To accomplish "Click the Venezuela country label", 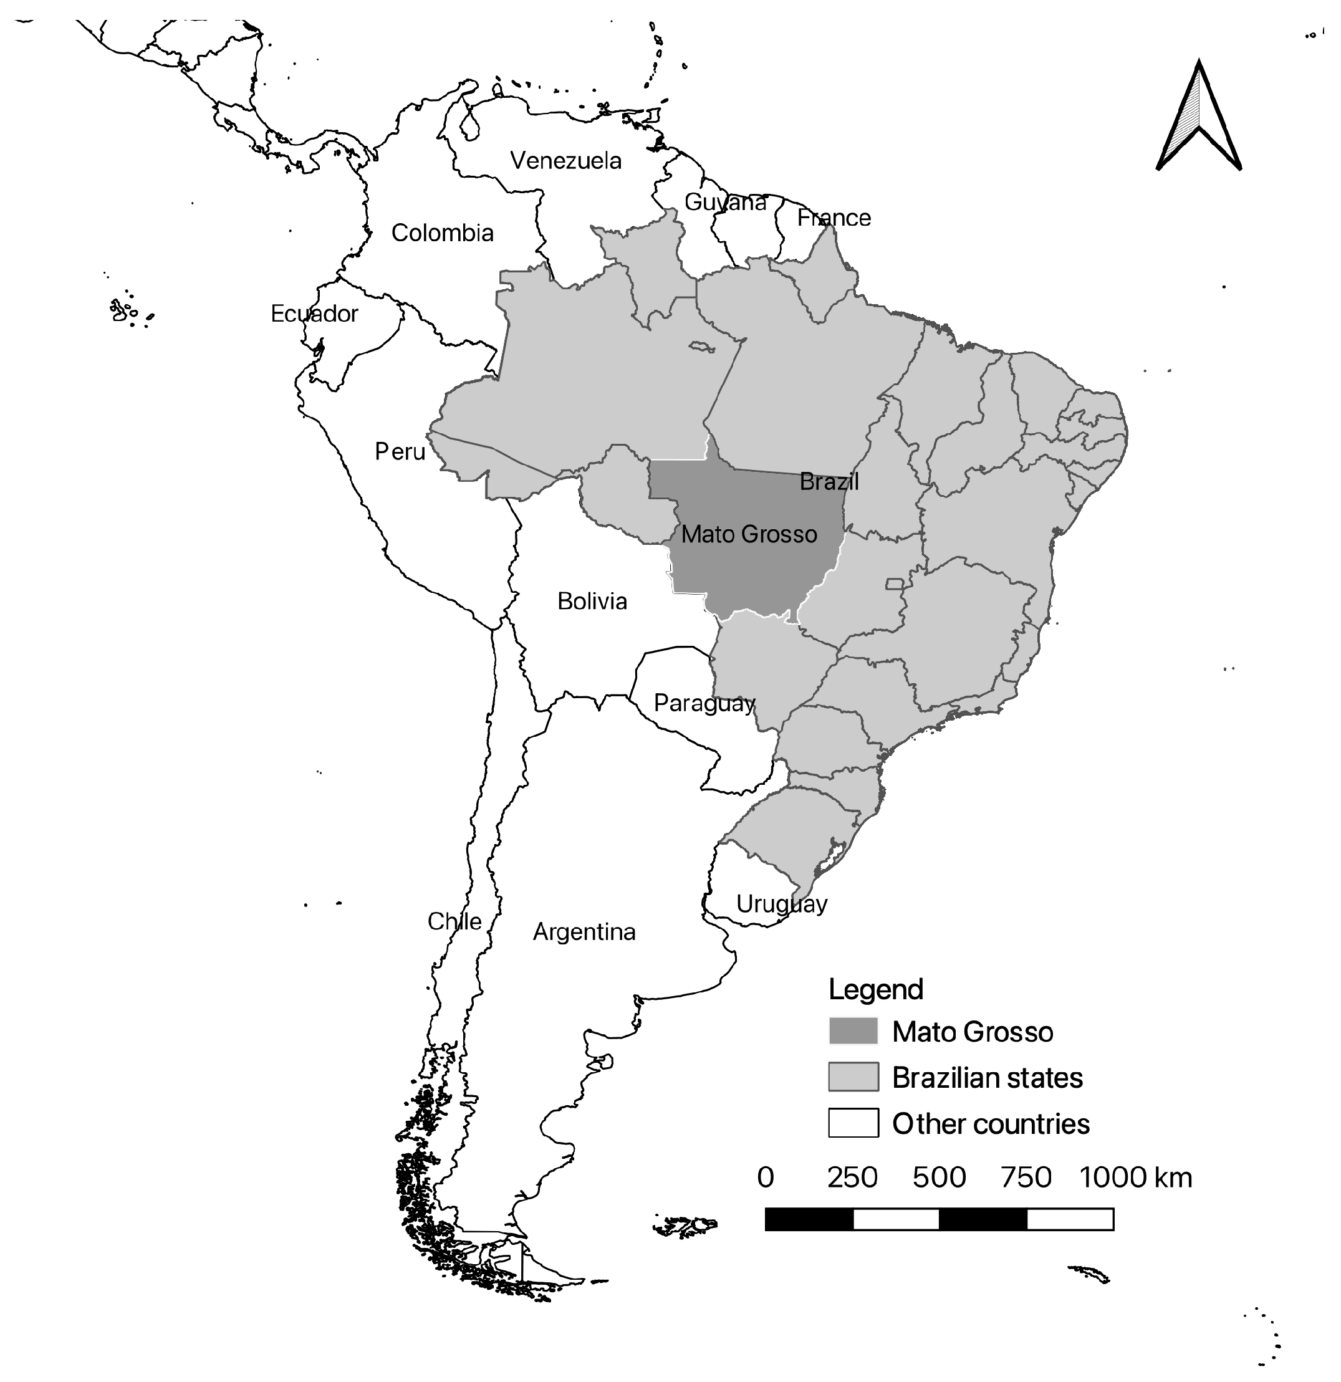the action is (x=565, y=161).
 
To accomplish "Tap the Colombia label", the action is (x=442, y=233).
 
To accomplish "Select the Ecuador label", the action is (x=314, y=313).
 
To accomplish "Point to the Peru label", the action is (x=400, y=451).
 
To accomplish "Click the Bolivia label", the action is (x=592, y=601).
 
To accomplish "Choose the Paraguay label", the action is (x=704, y=703).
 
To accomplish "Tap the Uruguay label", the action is (x=781, y=904).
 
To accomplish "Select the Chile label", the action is (x=454, y=921).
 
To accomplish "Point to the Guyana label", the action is (x=725, y=203).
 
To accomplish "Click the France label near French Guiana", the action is (x=834, y=218).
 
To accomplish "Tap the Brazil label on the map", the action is (x=829, y=482).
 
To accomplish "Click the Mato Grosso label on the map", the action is (x=749, y=534).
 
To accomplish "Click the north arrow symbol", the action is (x=1199, y=117).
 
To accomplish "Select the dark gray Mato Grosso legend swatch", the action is (x=853, y=1031).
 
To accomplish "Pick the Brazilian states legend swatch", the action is (x=853, y=1077).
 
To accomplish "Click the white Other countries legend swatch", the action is (x=853, y=1123).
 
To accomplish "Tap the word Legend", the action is (x=876, y=989).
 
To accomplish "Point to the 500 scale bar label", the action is (x=939, y=1178).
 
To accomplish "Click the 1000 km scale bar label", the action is (x=1135, y=1178).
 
